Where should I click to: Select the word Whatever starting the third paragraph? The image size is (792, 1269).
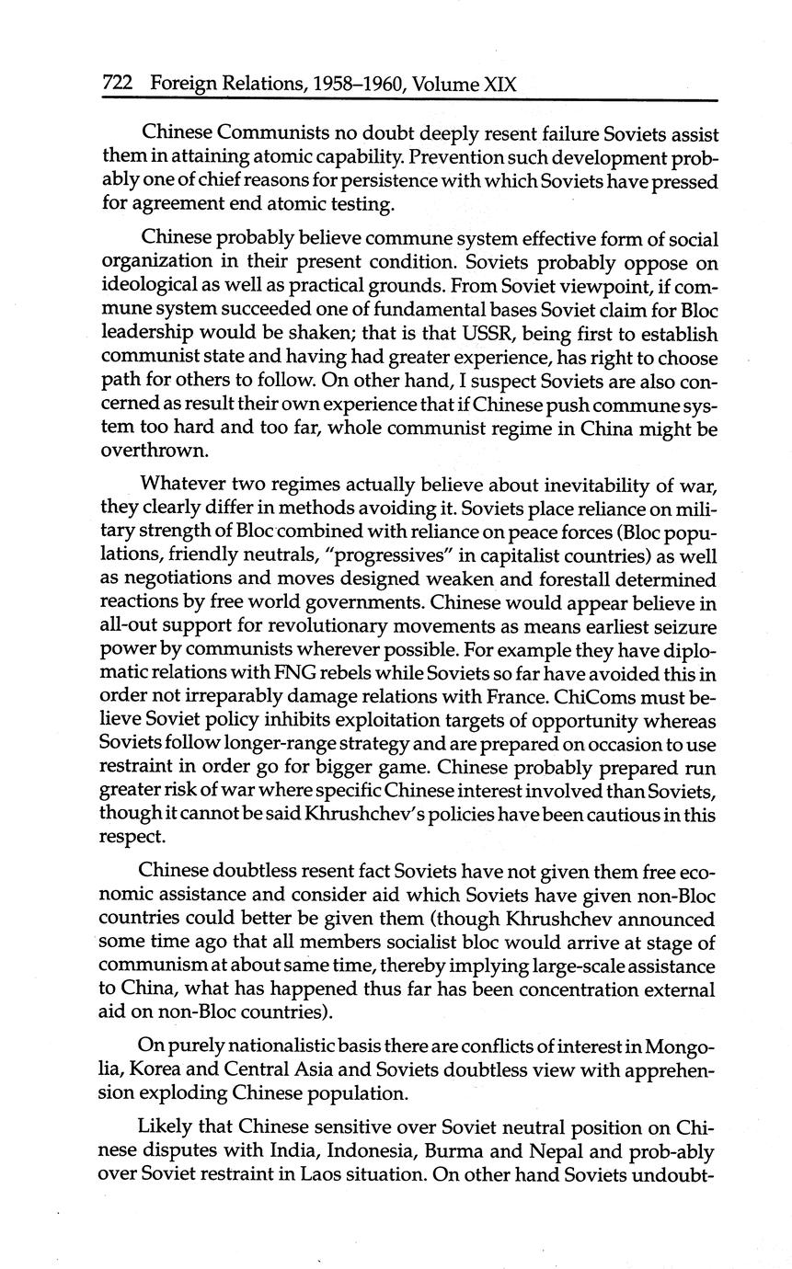click(178, 485)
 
